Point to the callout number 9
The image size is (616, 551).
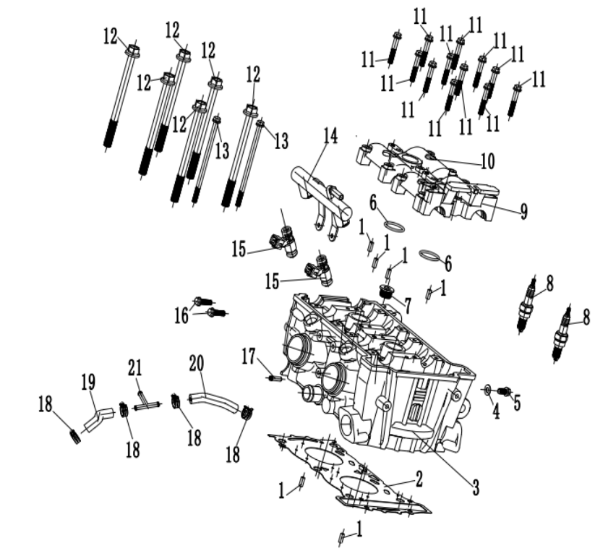point(523,210)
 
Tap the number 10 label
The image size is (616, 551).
point(487,161)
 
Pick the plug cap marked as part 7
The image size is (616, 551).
point(387,291)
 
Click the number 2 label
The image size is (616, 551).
point(418,478)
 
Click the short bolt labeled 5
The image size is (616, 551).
point(505,392)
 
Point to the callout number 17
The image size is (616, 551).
point(249,356)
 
